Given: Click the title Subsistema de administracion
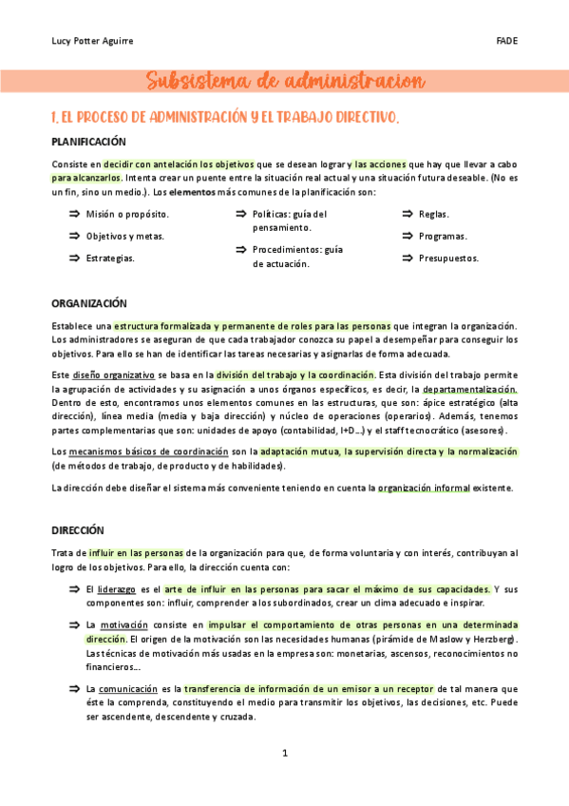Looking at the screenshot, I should click(x=285, y=82).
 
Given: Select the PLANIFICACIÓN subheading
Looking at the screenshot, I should click(x=88, y=142).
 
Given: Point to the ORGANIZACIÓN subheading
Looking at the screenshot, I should click(x=88, y=303).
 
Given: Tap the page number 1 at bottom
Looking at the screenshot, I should click(x=284, y=754).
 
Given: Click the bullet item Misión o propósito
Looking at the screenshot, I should click(x=127, y=215).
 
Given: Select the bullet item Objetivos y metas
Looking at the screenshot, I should click(x=124, y=236).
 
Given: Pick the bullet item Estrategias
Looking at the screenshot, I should click(x=110, y=258).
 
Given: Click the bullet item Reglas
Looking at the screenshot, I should click(x=434, y=215).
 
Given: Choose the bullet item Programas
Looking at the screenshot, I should click(x=443, y=236).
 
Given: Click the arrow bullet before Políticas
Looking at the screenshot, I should click(x=241, y=215).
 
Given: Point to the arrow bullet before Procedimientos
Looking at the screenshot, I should click(x=241, y=250).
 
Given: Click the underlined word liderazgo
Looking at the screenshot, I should click(x=116, y=589).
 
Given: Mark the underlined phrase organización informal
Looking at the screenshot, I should click(x=419, y=488).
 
